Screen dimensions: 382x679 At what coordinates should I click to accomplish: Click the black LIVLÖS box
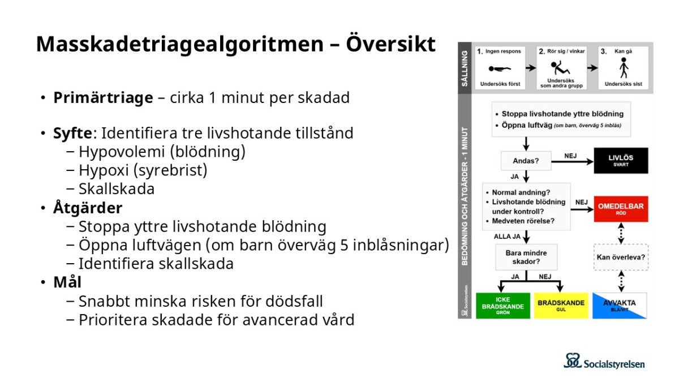click(x=621, y=161)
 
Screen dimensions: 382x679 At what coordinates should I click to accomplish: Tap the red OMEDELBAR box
click(x=621, y=209)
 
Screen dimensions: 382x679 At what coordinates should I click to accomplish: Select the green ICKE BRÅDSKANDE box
click(x=503, y=306)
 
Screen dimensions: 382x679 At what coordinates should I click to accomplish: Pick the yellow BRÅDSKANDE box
click(x=561, y=306)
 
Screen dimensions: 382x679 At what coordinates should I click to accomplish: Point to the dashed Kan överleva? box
click(x=621, y=257)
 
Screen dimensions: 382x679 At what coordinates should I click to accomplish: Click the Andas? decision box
click(x=526, y=161)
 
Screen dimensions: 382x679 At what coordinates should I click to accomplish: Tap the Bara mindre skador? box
click(x=526, y=257)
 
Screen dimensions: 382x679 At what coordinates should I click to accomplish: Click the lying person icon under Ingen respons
click(x=499, y=69)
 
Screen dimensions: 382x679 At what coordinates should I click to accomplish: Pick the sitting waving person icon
click(x=561, y=68)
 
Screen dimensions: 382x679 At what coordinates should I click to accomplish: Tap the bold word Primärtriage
click(x=103, y=97)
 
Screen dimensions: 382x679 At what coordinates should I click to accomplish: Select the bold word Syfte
click(x=73, y=133)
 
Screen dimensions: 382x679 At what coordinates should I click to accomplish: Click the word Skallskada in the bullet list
click(x=117, y=188)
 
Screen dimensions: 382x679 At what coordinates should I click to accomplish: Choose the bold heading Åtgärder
click(x=88, y=208)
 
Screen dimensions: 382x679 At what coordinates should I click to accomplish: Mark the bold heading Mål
click(x=67, y=282)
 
